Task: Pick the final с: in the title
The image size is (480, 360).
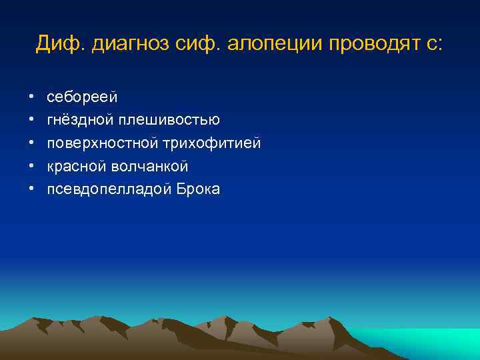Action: [x=432, y=45]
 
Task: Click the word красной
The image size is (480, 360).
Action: [x=76, y=167]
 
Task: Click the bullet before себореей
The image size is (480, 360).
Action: [x=32, y=97]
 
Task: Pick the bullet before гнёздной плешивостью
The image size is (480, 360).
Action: [x=32, y=121]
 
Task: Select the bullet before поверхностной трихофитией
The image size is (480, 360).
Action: [x=32, y=143]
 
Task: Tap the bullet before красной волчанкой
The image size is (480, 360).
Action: [x=32, y=167]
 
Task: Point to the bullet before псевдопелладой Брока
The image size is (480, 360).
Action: [x=32, y=189]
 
